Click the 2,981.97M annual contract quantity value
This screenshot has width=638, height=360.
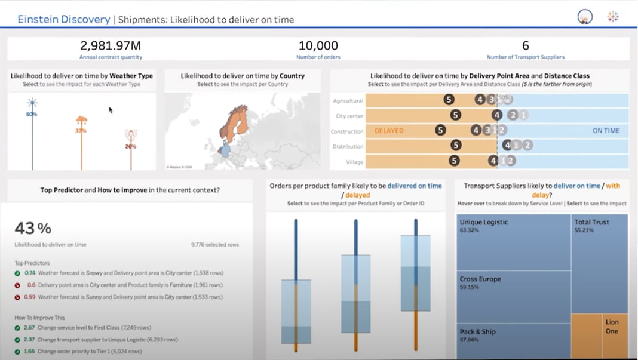[x=111, y=45]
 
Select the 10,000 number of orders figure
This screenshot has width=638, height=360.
[x=318, y=45]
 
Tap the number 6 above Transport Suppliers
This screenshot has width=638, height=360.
[x=525, y=45]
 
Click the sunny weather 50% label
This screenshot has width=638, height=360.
[x=32, y=113]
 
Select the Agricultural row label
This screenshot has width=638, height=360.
[x=348, y=101]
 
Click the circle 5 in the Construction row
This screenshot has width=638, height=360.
[x=440, y=130]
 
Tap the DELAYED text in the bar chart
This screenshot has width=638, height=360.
[x=389, y=131]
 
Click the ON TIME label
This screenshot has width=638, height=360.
[x=606, y=131]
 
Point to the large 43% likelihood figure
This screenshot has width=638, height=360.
[x=33, y=228]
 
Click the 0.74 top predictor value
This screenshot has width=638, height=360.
[x=30, y=273]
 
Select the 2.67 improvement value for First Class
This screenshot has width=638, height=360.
[x=30, y=328]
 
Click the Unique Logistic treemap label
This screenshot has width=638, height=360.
[x=483, y=222]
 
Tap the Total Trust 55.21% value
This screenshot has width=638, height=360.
[x=584, y=230]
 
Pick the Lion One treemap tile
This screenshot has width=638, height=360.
[x=612, y=326]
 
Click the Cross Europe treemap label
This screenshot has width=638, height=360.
[x=480, y=279]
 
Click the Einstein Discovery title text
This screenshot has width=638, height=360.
[x=63, y=19]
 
